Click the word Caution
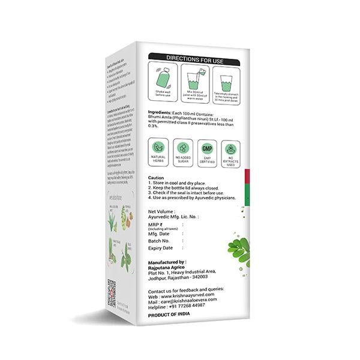click(x=156, y=178)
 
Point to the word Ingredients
click(x=161, y=113)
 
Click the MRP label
click(x=155, y=224)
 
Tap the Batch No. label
click(x=160, y=241)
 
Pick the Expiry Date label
click(x=161, y=248)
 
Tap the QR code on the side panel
click(x=111, y=292)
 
